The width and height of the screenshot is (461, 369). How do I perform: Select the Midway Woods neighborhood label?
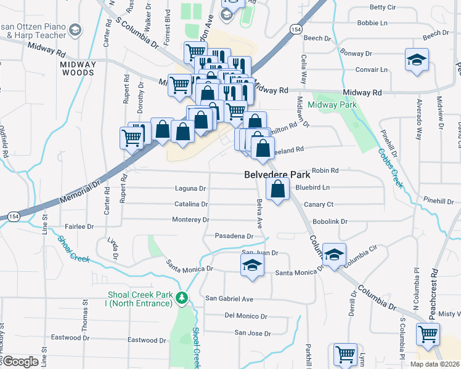78,68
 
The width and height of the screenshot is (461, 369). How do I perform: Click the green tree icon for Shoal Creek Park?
182,298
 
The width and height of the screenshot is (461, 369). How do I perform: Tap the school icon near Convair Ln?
417,60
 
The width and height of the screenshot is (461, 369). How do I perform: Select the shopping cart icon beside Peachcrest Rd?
428,335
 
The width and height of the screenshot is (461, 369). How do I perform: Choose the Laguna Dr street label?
190,188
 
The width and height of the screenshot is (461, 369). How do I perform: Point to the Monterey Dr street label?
190,220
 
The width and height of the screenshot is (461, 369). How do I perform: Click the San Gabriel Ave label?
229,299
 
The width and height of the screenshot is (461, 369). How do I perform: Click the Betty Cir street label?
383,7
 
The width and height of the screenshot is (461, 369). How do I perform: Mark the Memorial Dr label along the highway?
80,193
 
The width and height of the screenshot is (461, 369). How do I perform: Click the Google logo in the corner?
20,362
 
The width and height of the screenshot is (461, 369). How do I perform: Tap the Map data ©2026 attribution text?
435,364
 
